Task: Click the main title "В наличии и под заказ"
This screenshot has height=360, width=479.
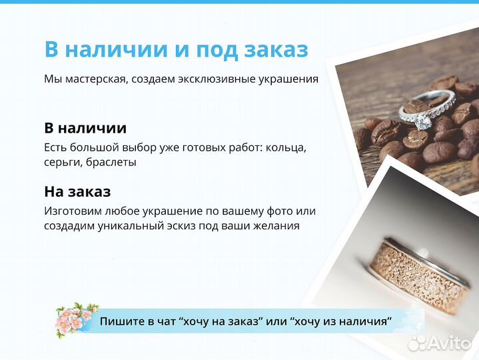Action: pos(176,49)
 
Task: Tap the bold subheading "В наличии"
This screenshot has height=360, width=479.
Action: pos(85,128)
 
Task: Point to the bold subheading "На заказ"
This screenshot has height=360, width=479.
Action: pos(77,192)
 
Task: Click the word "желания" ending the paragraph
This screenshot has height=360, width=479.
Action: pos(275,226)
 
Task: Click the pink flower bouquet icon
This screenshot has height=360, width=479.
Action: pos(76,319)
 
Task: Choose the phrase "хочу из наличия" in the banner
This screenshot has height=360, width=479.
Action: pos(340,321)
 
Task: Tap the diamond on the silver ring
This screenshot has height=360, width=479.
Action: pos(422,122)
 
